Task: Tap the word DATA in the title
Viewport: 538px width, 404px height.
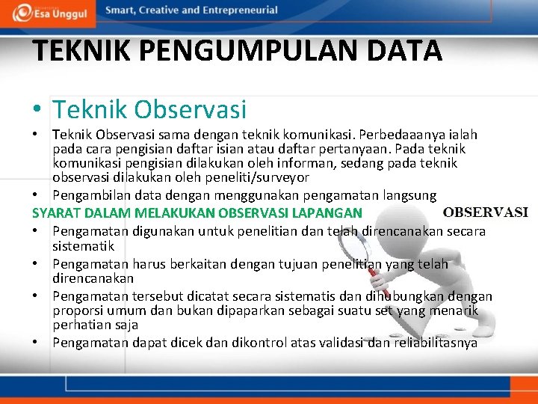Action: point(408,51)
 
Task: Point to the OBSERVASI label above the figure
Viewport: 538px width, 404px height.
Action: point(486,212)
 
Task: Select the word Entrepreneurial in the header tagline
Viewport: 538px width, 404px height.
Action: point(239,10)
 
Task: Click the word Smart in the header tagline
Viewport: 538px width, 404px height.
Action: point(122,10)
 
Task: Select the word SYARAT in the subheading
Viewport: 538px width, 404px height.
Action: point(55,212)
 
